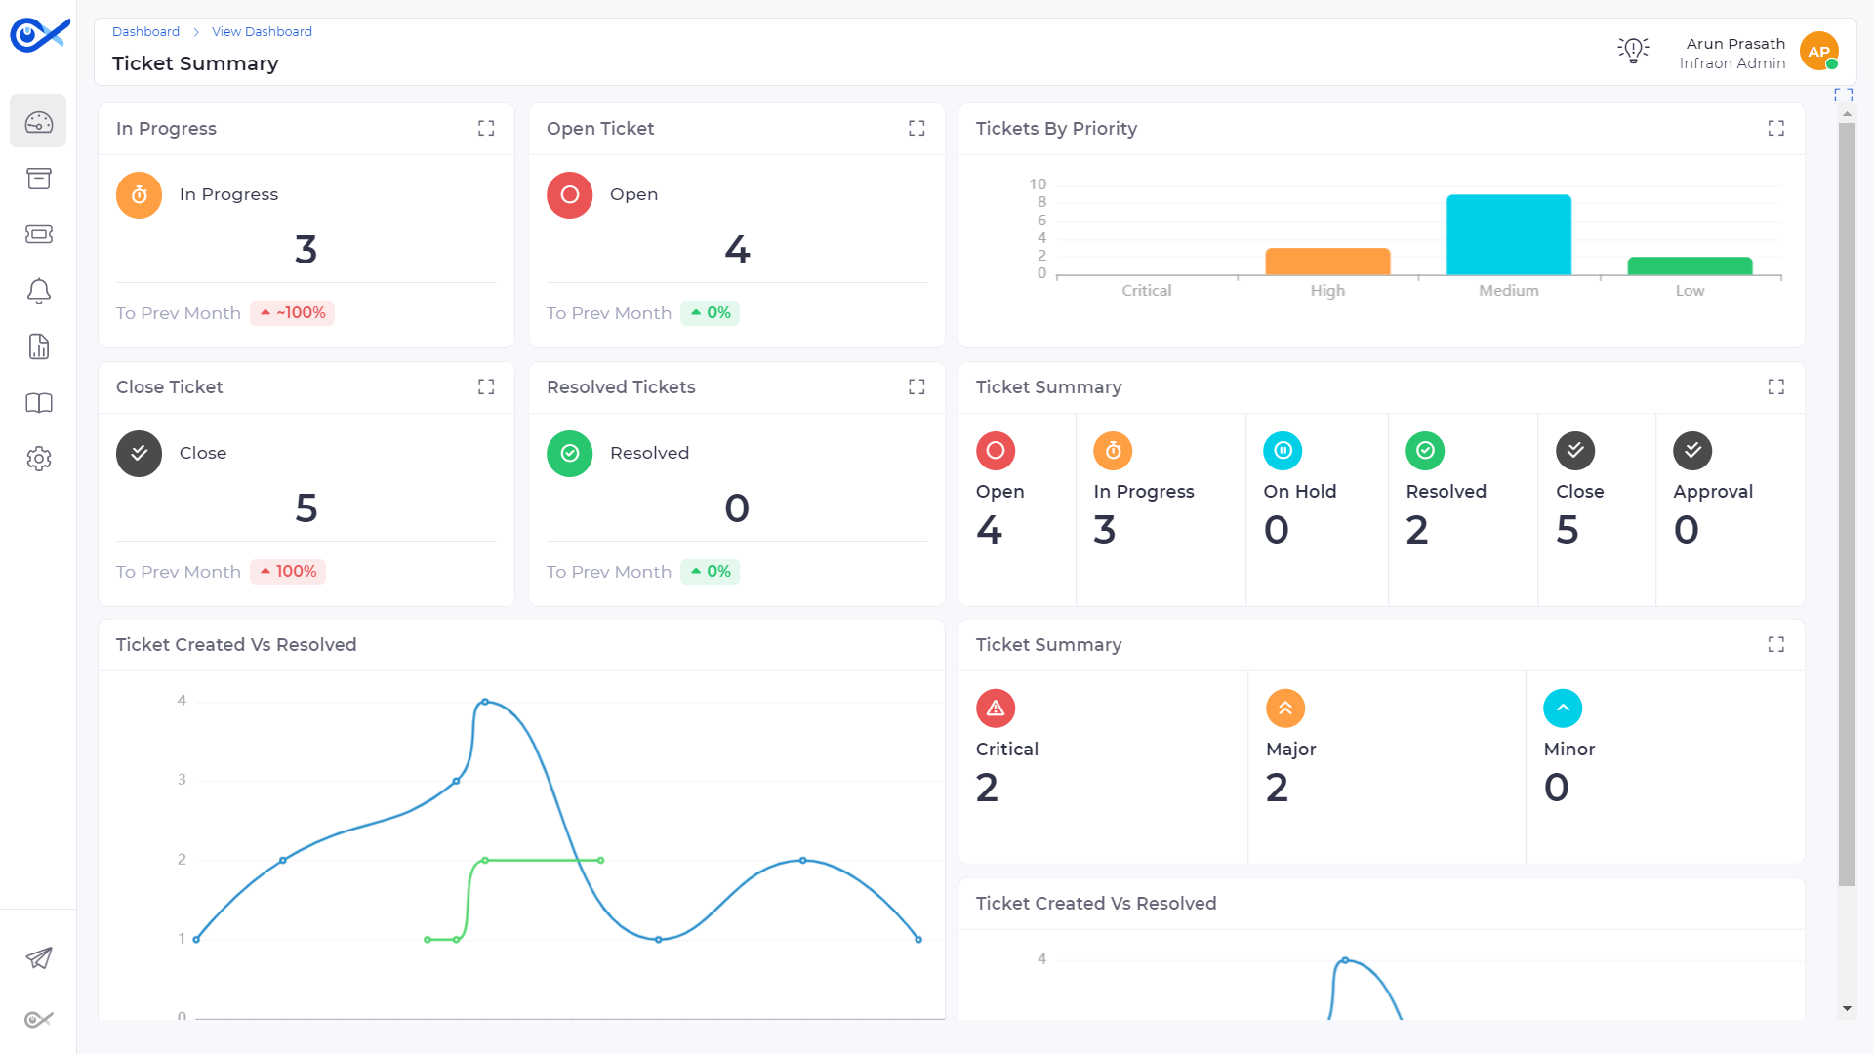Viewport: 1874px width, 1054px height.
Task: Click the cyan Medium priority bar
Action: click(1508, 234)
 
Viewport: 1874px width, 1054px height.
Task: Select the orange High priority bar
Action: click(1327, 262)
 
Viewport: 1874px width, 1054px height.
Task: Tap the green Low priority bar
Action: click(1690, 265)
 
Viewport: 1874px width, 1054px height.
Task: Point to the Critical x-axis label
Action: click(1146, 291)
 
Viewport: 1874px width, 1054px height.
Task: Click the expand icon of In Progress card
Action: click(486, 129)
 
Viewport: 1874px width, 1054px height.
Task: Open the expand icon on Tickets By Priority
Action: click(1775, 129)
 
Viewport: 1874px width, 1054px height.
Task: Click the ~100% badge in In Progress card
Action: click(292, 313)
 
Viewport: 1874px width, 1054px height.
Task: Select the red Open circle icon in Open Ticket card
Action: click(570, 195)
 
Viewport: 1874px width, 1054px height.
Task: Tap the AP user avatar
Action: click(1818, 52)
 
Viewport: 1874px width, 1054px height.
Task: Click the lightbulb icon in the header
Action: click(1633, 50)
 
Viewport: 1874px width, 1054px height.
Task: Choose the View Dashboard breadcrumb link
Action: click(262, 32)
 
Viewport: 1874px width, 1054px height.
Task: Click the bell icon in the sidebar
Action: click(39, 291)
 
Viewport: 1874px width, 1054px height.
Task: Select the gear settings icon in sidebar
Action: click(39, 459)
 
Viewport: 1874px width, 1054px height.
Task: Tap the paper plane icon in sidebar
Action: click(39, 958)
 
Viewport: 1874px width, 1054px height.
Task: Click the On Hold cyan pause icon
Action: click(1283, 451)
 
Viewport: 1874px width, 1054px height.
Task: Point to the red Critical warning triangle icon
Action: click(996, 709)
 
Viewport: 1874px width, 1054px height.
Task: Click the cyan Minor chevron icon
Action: click(1563, 709)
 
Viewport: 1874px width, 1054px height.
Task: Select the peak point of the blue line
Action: click(485, 702)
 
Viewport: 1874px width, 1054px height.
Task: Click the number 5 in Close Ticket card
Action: click(306, 508)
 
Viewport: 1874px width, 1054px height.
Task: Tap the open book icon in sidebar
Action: click(39, 403)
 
